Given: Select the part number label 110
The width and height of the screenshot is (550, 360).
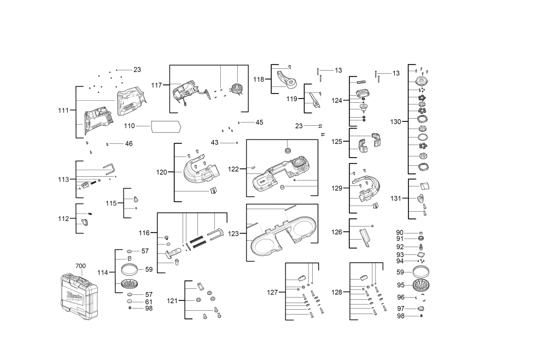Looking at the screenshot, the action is [x=129, y=126].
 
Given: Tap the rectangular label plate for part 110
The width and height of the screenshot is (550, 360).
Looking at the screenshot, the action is [x=166, y=127].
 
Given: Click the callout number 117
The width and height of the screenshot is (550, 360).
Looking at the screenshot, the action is [x=156, y=85].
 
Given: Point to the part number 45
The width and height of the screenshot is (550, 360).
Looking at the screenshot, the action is [x=259, y=123].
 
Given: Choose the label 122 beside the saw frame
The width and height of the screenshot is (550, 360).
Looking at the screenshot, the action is [x=233, y=169].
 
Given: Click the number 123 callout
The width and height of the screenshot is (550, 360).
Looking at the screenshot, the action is [x=233, y=234].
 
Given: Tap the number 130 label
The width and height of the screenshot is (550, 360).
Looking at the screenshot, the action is [x=396, y=122].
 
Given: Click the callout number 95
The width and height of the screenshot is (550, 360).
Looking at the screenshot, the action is [x=401, y=285].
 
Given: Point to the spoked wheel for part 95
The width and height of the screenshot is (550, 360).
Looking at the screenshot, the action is [x=421, y=285].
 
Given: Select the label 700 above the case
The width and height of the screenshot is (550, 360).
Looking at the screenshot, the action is [x=81, y=266].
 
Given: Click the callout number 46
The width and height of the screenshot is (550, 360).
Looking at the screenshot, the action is [x=128, y=143].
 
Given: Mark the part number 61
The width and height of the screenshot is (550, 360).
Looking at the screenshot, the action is [x=149, y=302].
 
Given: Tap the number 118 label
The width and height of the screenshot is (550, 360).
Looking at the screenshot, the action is [x=259, y=79].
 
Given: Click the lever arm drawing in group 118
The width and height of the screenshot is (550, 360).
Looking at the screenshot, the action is [x=287, y=79].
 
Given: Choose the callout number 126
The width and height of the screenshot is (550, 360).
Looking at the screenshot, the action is [x=337, y=232].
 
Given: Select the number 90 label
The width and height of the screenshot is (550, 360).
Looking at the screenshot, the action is [x=400, y=233].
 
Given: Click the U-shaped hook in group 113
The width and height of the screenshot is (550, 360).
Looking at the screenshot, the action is [x=109, y=169].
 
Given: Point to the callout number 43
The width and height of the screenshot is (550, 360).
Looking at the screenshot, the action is [x=215, y=143].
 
